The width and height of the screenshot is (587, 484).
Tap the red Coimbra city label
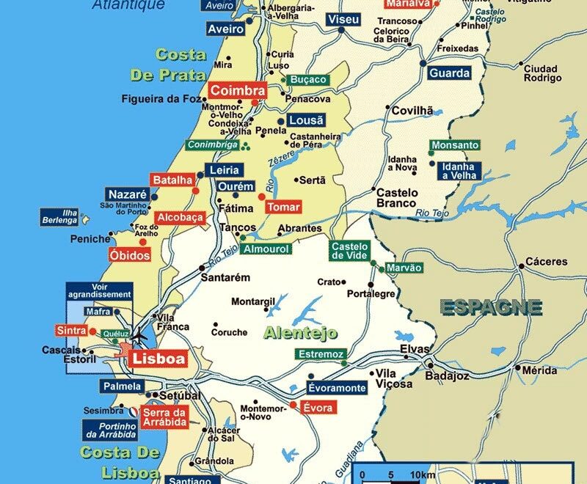pyautogui.click(x=237, y=90)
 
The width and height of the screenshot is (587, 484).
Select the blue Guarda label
pyautogui.click(x=449, y=73)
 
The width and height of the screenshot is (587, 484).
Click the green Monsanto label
pyautogui.click(x=455, y=145)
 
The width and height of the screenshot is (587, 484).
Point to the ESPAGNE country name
pyautogui.click(x=491, y=307)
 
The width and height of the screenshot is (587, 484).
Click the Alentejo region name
pyautogui.click(x=300, y=333)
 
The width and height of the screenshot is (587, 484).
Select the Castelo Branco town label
pyautogui.click(x=397, y=198)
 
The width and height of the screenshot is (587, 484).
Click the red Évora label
pyautogui.click(x=317, y=408)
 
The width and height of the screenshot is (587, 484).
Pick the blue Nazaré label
pyautogui.click(x=128, y=194)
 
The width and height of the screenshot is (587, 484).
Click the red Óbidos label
pyautogui.click(x=129, y=255)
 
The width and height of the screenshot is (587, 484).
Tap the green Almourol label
pyautogui.click(x=267, y=249)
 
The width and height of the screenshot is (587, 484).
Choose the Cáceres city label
pyautogui.click(x=546, y=262)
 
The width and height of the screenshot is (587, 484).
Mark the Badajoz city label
pyautogui.click(x=447, y=376)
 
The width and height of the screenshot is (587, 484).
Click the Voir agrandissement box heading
pyautogui.click(x=101, y=290)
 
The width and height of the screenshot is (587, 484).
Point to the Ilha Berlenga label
pyautogui.click(x=60, y=218)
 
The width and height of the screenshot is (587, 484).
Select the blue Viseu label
pyautogui.click(x=343, y=19)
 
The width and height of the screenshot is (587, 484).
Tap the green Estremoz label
pyautogui.click(x=319, y=354)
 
